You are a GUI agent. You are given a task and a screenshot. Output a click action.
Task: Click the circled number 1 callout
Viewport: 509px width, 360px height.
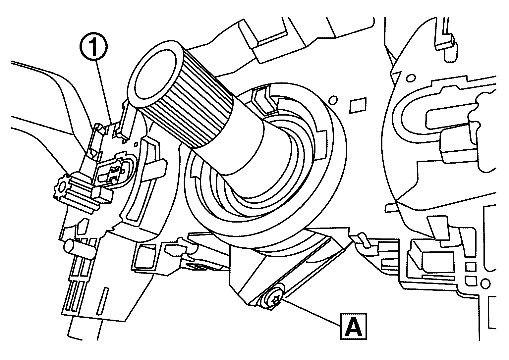click(x=93, y=47)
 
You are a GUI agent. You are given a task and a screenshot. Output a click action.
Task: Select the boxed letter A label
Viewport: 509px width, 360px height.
click(x=353, y=327)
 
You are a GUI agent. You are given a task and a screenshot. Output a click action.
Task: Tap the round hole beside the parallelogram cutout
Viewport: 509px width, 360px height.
click(x=333, y=100)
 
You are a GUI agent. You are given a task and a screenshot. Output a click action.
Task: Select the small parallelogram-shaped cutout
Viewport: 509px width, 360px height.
click(x=358, y=105)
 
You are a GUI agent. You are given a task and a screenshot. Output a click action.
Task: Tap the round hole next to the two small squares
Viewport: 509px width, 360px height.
click(x=486, y=284)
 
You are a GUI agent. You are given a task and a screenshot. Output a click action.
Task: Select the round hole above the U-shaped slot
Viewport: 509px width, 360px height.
click(x=411, y=78)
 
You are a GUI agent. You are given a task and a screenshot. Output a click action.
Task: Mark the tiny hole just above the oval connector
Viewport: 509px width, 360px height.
click(x=136, y=144)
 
